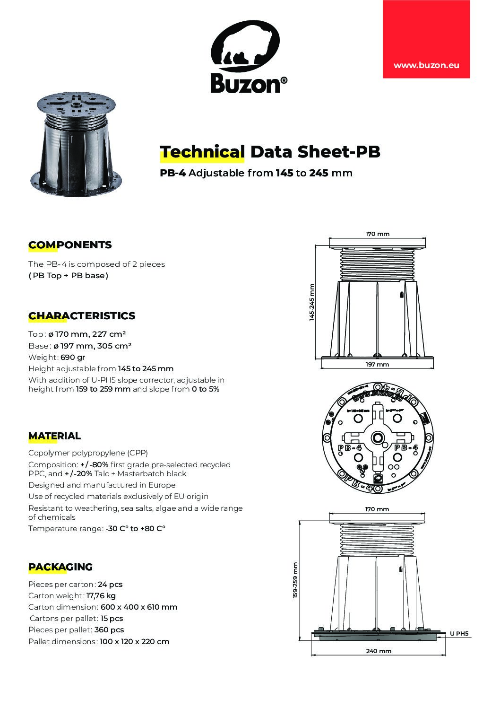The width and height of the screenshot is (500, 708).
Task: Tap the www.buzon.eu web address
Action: coord(426,66)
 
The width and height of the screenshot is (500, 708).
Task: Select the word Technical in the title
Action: coord(202,152)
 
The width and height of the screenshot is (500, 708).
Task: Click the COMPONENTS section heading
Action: coord(70,245)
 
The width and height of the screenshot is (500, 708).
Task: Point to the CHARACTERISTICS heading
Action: coord(82,316)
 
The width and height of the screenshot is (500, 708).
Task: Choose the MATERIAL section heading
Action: coord(54,436)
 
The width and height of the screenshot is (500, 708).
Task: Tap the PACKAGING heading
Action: coord(60,567)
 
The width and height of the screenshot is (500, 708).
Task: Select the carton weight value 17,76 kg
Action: coord(101,596)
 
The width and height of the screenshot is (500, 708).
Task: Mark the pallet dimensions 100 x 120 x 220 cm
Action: coord(134,642)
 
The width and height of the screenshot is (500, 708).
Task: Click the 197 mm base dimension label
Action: coord(377,365)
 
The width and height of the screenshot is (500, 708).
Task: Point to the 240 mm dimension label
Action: coord(379,651)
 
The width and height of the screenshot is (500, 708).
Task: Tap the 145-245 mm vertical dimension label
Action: coord(312,303)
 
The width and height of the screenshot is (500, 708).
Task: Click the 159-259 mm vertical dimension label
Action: coord(295,581)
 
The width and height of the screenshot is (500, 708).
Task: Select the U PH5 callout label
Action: coord(459,634)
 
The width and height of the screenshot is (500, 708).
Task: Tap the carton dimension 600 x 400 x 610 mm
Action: coord(138,607)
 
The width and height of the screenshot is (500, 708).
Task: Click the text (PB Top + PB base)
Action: coord(69,276)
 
